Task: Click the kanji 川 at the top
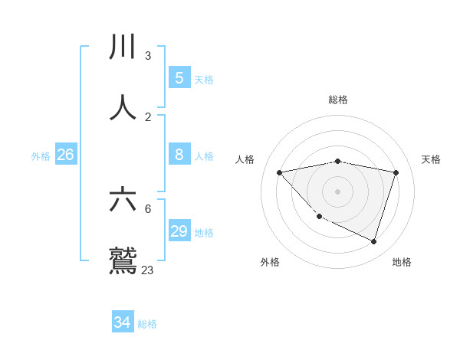click(124, 47)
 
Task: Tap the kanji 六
click(124, 200)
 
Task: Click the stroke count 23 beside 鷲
click(147, 270)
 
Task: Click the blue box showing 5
click(179, 77)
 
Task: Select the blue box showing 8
click(179, 154)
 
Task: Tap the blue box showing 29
click(179, 231)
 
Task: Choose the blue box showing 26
click(65, 155)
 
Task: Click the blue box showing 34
click(122, 322)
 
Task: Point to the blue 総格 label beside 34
click(147, 324)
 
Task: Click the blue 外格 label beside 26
click(41, 156)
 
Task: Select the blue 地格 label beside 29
click(204, 233)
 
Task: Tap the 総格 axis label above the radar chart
click(338, 100)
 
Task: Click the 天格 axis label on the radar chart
click(432, 159)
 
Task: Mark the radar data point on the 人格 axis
click(280, 172)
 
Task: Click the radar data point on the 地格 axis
click(373, 241)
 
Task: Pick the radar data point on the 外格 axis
click(320, 217)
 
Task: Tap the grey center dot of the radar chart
click(338, 191)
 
